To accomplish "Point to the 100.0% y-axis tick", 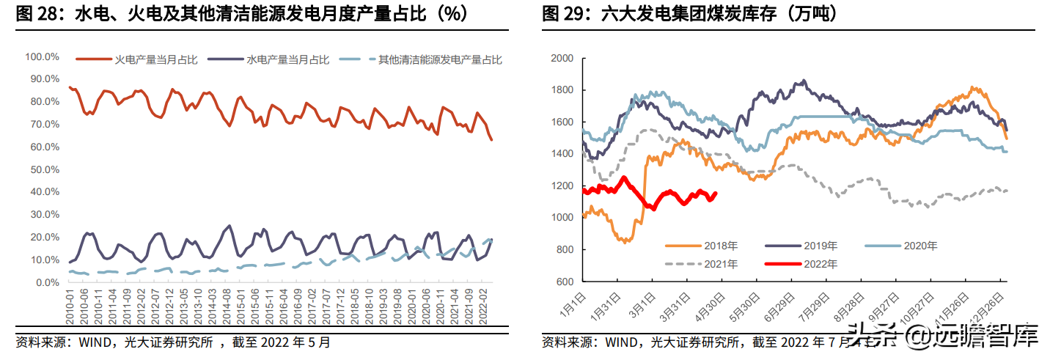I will [43, 56].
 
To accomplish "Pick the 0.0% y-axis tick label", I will [46, 283].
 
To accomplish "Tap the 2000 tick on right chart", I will [563, 58].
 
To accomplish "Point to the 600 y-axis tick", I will [566, 282].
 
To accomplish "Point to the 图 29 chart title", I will [689, 13].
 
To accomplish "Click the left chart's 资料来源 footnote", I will [173, 342].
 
